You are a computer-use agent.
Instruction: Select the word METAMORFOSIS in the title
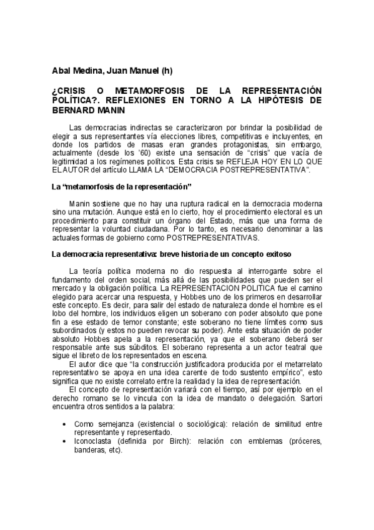(146, 91)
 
